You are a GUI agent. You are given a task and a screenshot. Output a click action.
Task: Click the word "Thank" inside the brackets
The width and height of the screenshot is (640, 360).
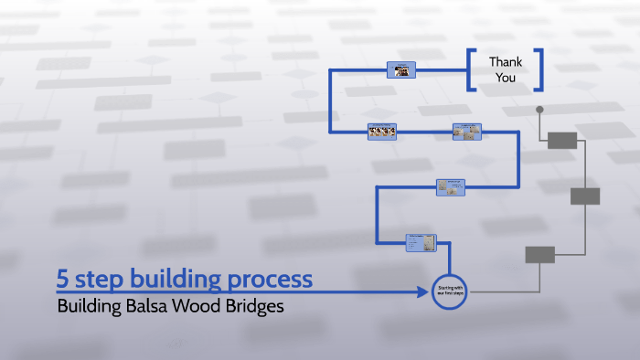pyautogui.click(x=506, y=62)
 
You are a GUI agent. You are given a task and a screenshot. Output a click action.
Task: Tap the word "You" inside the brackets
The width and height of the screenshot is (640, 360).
pyautogui.click(x=506, y=78)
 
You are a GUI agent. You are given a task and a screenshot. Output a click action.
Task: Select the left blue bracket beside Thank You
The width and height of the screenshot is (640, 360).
pyautogui.click(x=471, y=70)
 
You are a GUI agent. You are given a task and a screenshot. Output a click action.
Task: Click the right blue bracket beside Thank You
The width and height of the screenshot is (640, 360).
pyautogui.click(x=539, y=70)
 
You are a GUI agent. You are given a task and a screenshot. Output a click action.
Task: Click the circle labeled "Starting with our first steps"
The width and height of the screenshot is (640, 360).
pyautogui.click(x=448, y=291)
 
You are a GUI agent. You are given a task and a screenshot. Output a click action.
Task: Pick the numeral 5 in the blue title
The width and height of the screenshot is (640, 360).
pyautogui.click(x=62, y=279)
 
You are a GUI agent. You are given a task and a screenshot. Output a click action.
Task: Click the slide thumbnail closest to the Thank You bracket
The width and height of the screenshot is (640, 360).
pyautogui.click(x=401, y=69)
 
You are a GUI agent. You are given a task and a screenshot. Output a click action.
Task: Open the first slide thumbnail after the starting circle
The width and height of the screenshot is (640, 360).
pyautogui.click(x=421, y=242)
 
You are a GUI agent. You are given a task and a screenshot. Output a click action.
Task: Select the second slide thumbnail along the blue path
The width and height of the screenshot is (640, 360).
pyautogui.click(x=451, y=186)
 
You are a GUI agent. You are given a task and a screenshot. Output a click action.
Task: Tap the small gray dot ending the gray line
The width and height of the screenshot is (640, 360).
pyautogui.click(x=539, y=110)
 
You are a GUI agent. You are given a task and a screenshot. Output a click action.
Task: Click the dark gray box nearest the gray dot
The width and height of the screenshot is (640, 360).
pyautogui.click(x=562, y=140)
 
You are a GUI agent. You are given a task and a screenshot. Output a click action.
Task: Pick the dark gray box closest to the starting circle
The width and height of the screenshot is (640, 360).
pyautogui.click(x=539, y=255)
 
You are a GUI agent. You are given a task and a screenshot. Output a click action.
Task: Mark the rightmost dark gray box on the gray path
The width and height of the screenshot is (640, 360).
pyautogui.click(x=585, y=196)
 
